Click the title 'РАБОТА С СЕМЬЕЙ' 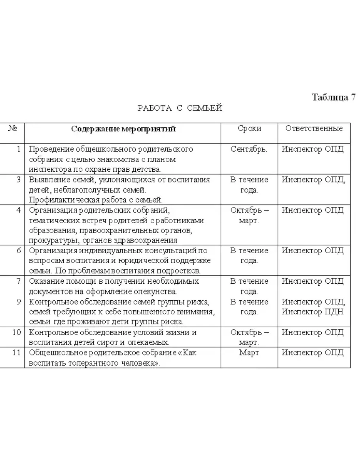(x=180, y=108)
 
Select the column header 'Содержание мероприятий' (x=123, y=129)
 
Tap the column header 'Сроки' (x=249, y=129)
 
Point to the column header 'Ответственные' (x=314, y=129)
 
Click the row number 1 (x=18, y=150)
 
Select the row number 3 (x=18, y=180)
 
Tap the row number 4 (x=18, y=210)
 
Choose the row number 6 (x=18, y=250)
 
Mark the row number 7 (x=18, y=281)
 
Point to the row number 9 (x=18, y=302)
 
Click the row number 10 (x=16, y=332)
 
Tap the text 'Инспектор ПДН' (x=313, y=312)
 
